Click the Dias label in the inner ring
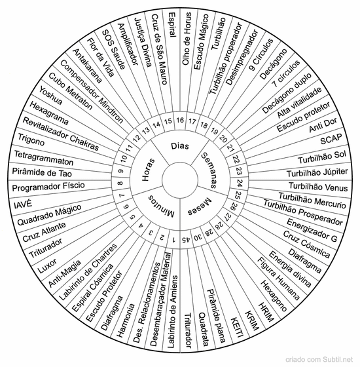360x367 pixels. click(180, 146)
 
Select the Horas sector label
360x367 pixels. click(148, 170)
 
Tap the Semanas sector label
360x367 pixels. click(209, 170)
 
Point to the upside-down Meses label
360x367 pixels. click(200, 207)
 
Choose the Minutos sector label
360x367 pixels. click(161, 206)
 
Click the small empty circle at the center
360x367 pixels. click(180, 180)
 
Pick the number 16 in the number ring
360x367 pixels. click(180, 120)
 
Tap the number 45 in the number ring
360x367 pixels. click(187, 239)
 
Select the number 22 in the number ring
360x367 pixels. click(236, 159)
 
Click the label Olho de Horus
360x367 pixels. click(187, 39)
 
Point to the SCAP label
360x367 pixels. click(331, 139)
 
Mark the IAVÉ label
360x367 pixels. click(23, 204)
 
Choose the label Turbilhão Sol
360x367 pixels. click(322, 157)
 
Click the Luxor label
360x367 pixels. click(47, 265)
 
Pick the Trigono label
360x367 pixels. click(31, 139)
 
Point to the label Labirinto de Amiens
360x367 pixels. click(172, 312)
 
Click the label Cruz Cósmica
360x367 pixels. click(306, 244)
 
